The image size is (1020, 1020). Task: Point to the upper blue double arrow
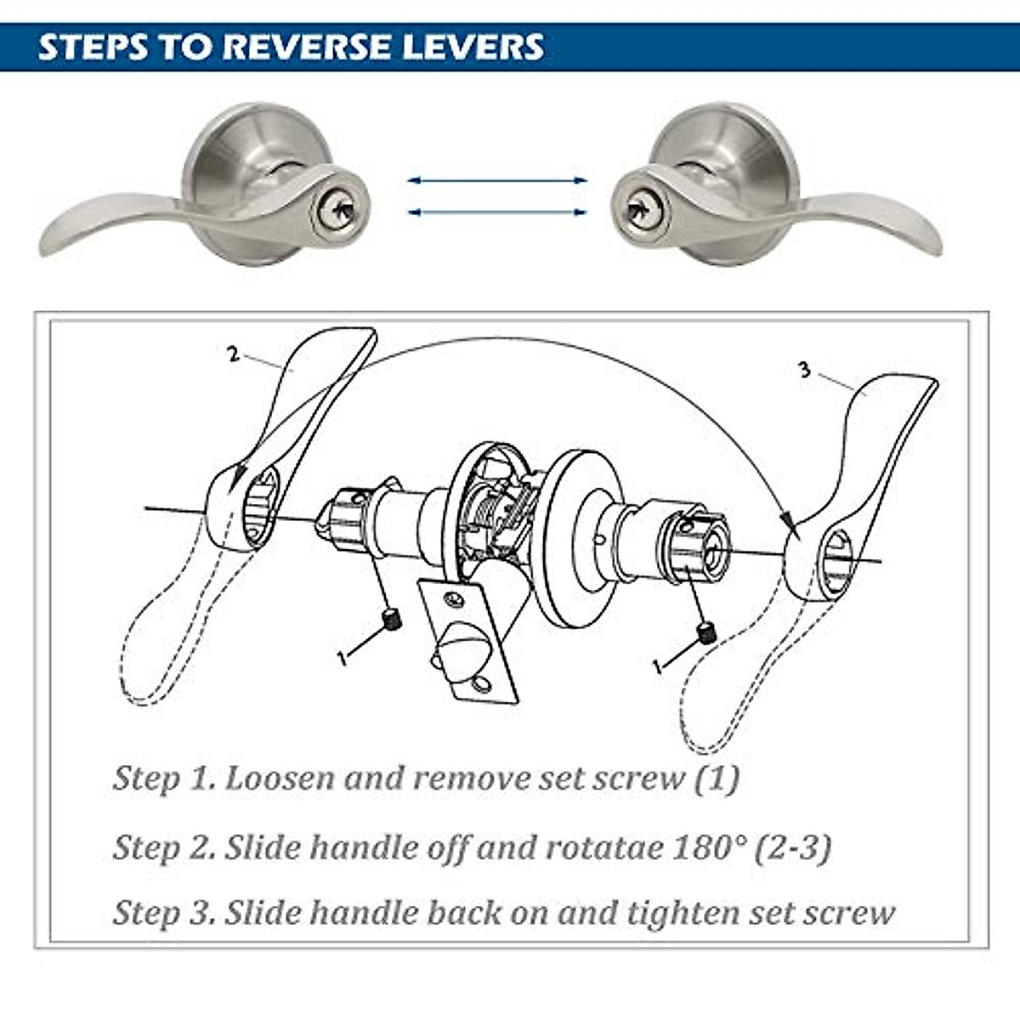pos(497,180)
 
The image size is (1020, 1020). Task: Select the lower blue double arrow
pos(497,212)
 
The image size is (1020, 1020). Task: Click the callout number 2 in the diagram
pos(234,354)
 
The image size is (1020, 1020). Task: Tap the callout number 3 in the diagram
pos(804,371)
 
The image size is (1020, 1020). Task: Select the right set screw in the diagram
pos(705,632)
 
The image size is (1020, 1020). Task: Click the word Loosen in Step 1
pos(280,778)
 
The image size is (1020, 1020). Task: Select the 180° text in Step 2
pos(708,847)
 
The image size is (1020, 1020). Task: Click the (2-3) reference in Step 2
pos(793,847)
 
